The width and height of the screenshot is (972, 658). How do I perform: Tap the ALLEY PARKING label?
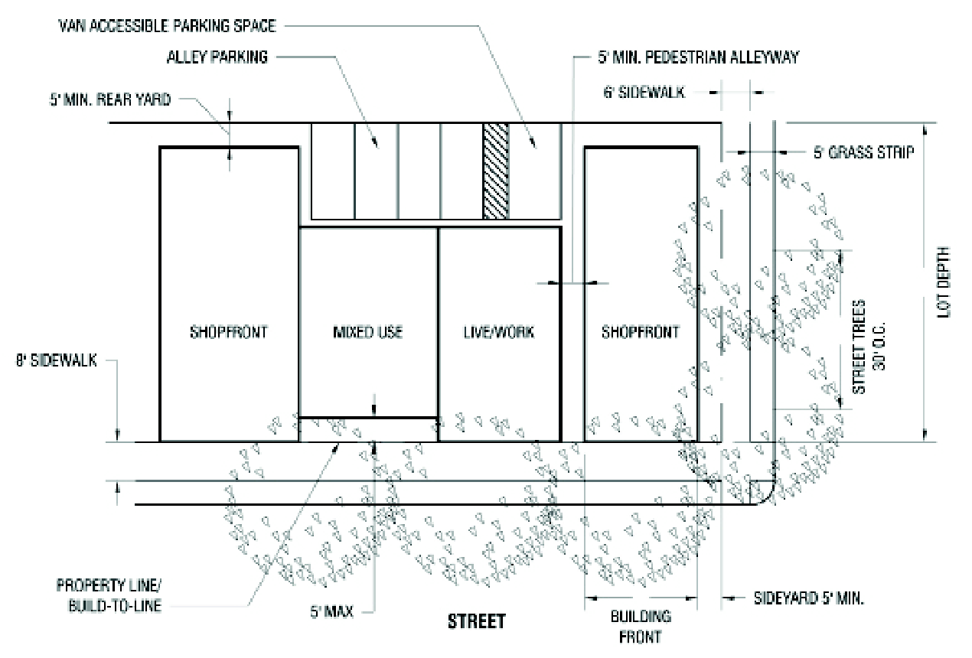[218, 57]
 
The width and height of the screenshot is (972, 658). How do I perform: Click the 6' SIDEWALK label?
[644, 91]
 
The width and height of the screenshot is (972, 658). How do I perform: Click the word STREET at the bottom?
[476, 621]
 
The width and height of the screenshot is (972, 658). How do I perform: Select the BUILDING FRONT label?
[641, 626]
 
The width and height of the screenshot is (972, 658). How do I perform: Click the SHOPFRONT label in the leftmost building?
[229, 332]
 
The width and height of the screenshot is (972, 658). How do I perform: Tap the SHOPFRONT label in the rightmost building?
[641, 332]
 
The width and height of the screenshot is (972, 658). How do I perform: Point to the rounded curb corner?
[767, 493]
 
